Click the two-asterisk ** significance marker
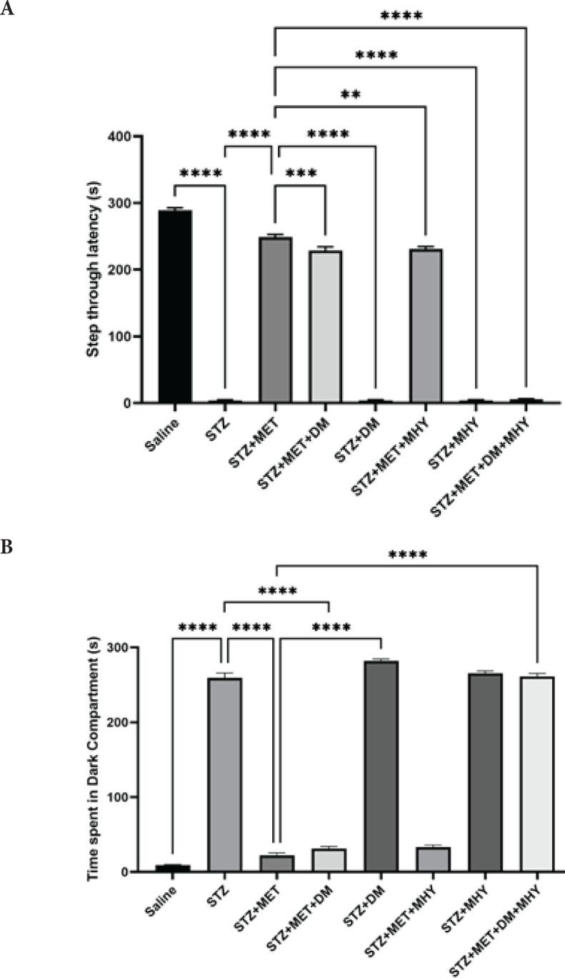coord(351,94)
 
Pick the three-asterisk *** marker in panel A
coord(300,174)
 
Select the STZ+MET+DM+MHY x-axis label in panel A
coord(496,458)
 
